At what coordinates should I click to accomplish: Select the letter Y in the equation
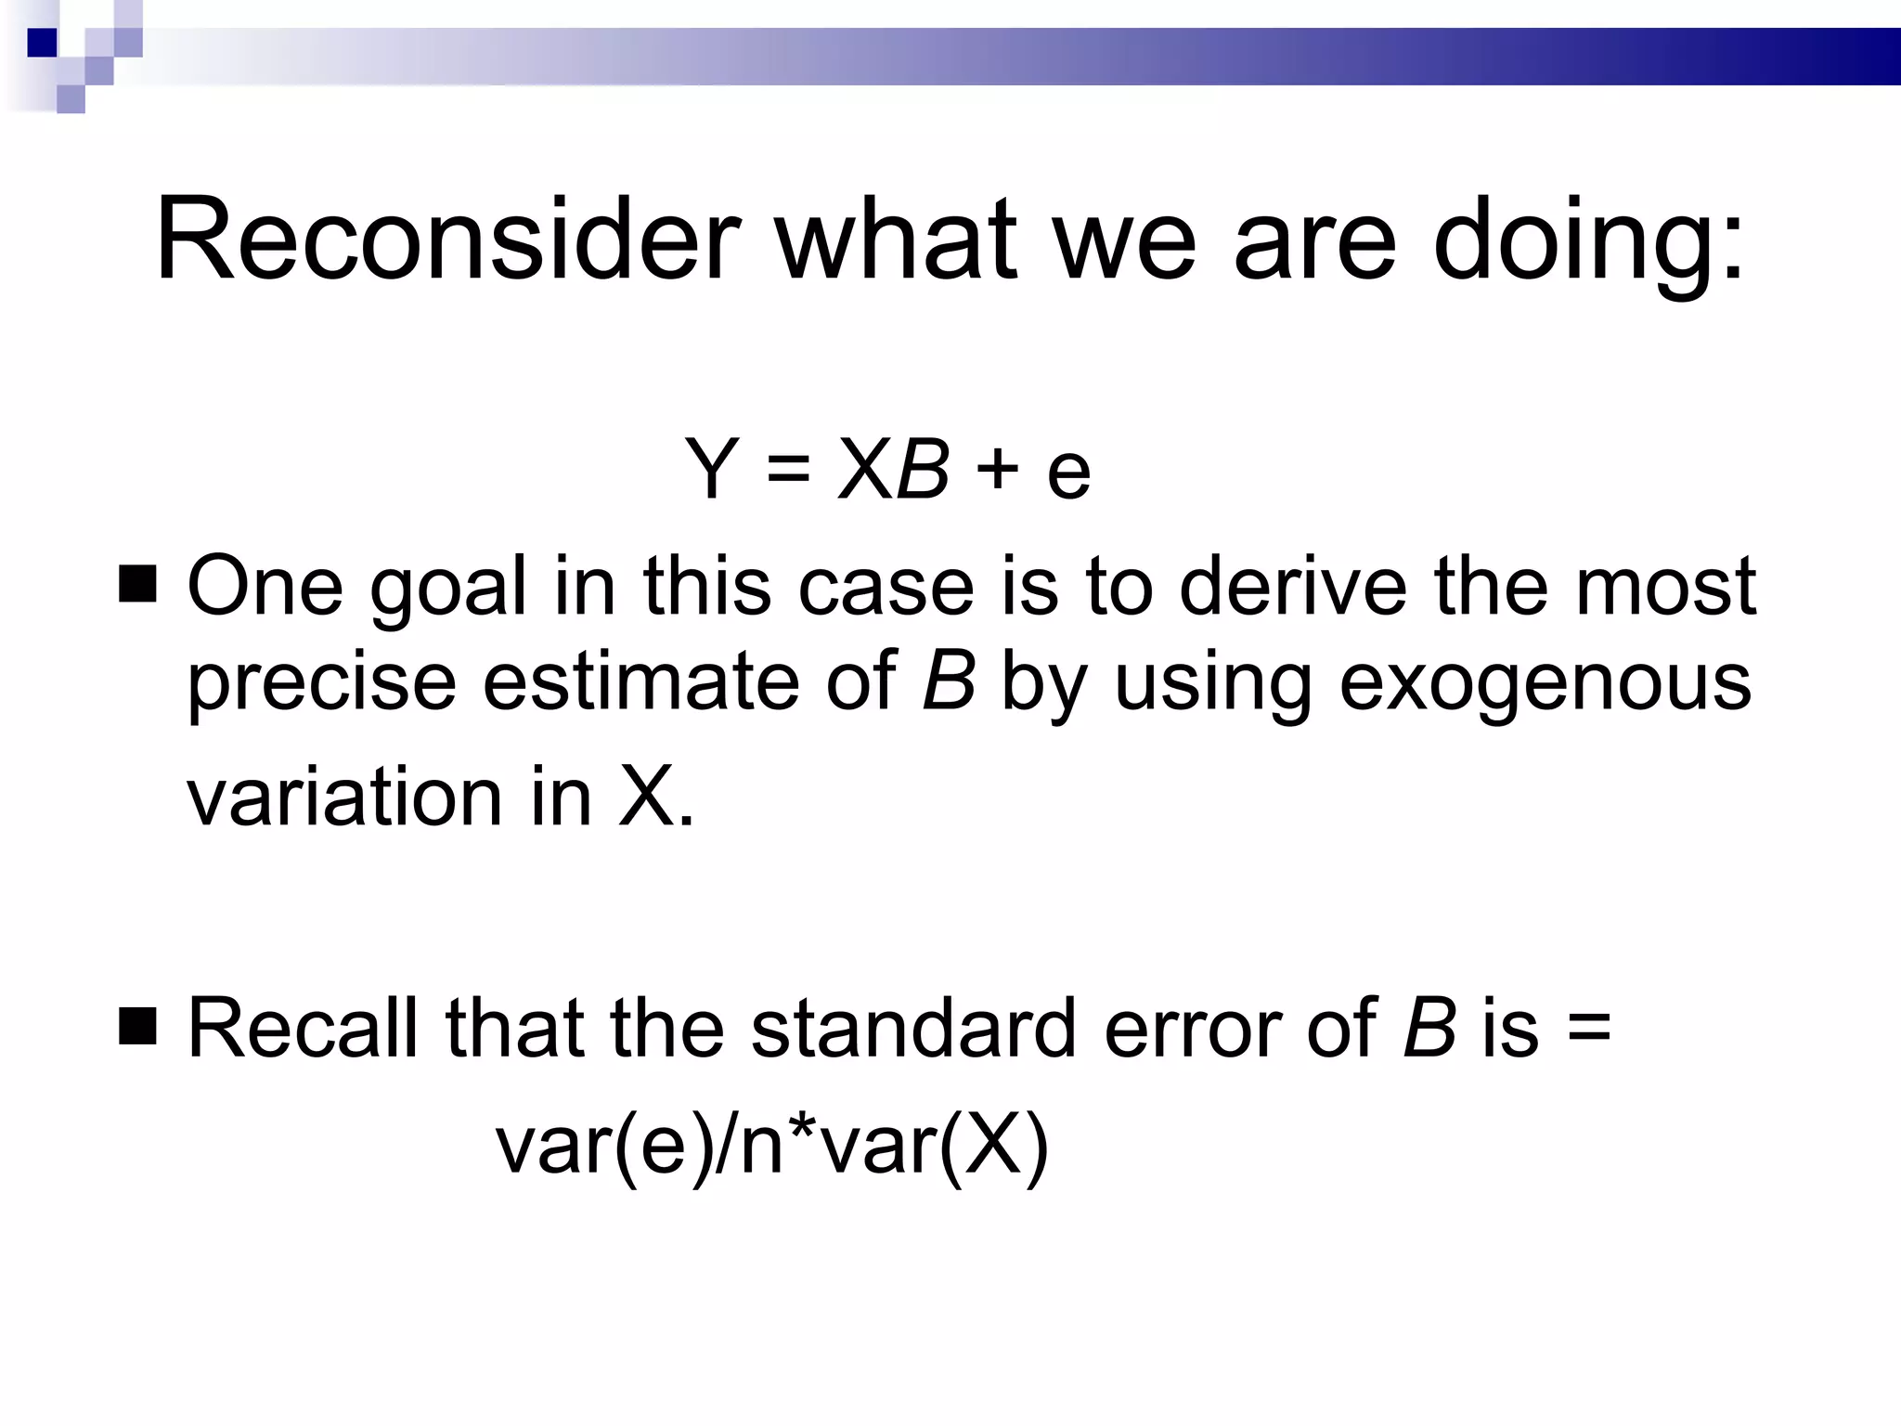pyautogui.click(x=712, y=469)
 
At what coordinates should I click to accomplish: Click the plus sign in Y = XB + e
pyautogui.click(x=998, y=469)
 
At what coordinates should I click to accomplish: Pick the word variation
pyautogui.click(x=344, y=797)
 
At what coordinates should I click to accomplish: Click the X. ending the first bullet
pyautogui.click(x=654, y=797)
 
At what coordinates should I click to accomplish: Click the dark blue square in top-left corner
pyautogui.click(x=42, y=43)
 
